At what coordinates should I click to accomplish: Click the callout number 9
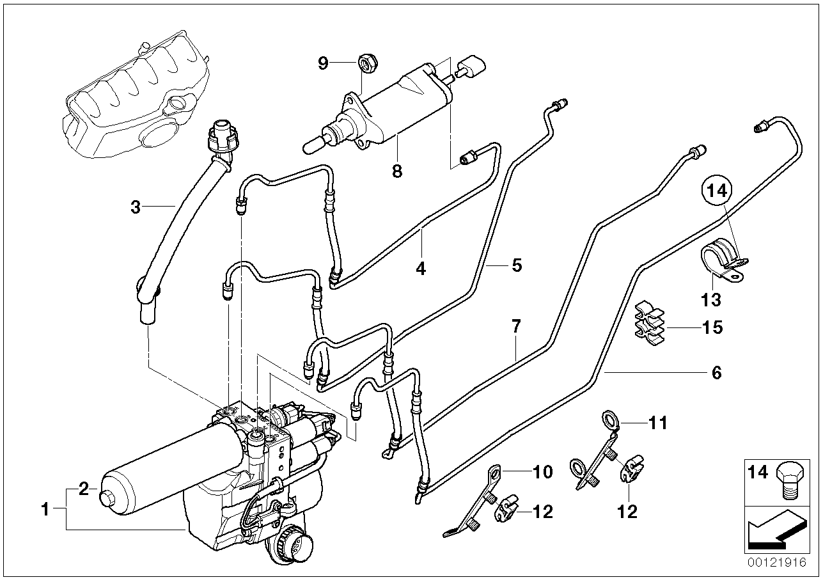pos(323,63)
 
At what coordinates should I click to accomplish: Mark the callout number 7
pos(516,327)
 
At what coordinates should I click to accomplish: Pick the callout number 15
pos(712,327)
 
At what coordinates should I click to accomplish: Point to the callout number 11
pos(659,423)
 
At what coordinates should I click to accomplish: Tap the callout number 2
pos(83,490)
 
